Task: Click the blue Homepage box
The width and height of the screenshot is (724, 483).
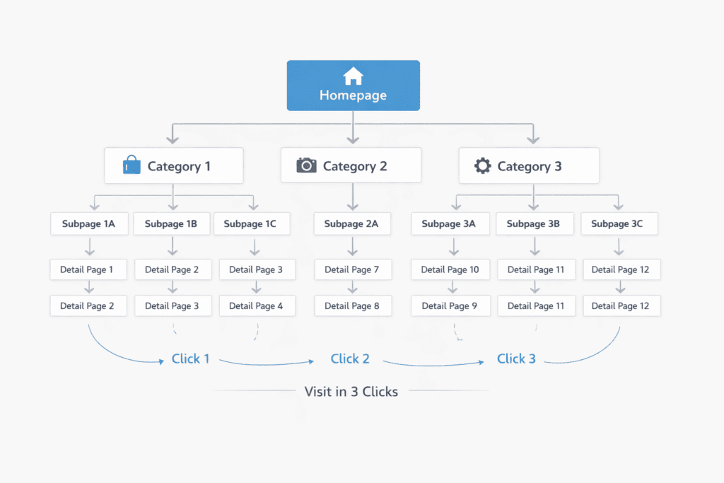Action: (x=353, y=86)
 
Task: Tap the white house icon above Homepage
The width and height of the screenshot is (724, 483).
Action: (x=353, y=76)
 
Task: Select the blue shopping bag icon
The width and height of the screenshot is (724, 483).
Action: (x=132, y=166)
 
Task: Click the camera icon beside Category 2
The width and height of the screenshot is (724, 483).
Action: (x=306, y=165)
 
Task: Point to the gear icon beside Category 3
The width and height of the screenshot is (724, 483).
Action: (x=482, y=166)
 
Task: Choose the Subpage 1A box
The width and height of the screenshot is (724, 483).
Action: (x=88, y=224)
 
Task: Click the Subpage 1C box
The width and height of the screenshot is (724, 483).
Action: (x=250, y=224)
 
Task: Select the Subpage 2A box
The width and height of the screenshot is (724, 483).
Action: (x=351, y=224)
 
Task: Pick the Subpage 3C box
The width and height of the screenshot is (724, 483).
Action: (x=619, y=224)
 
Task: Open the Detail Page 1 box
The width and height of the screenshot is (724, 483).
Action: (x=88, y=269)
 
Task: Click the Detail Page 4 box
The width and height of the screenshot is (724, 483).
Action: (x=256, y=306)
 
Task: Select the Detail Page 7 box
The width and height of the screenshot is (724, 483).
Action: (x=352, y=269)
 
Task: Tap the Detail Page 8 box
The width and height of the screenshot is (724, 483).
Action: (x=352, y=306)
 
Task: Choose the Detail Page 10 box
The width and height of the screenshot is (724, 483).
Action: (x=450, y=269)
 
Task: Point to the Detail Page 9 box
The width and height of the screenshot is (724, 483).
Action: (x=450, y=306)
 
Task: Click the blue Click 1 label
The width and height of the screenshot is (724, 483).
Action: (x=191, y=359)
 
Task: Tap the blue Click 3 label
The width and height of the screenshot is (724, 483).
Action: (x=516, y=359)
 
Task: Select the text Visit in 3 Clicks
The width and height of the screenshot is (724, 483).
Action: (x=351, y=391)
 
